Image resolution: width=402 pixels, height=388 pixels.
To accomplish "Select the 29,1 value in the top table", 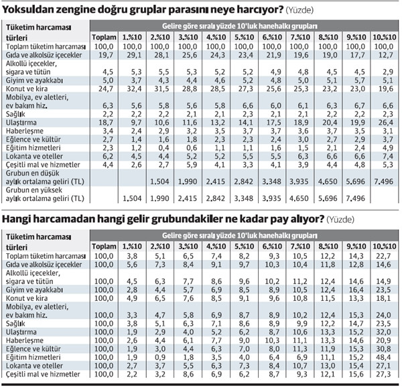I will (x=133, y=56).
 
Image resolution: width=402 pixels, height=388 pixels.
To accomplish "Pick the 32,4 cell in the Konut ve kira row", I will (x=133, y=88).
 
